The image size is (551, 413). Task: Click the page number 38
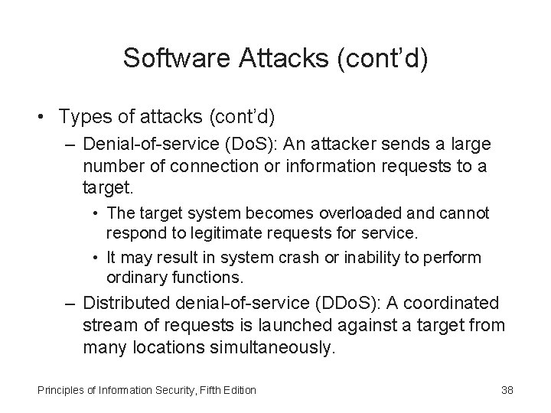(x=506, y=391)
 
